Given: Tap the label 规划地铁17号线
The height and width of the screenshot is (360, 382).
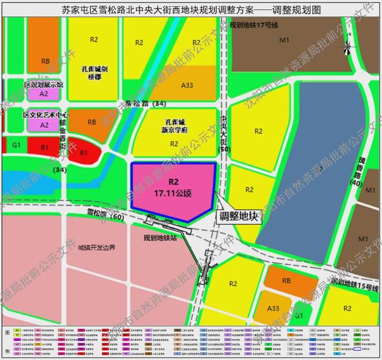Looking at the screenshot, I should click(x=254, y=25).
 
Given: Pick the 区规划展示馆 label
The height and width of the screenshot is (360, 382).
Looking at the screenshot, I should click(x=44, y=85).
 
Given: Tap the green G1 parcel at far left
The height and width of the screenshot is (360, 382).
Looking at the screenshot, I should click(x=16, y=144).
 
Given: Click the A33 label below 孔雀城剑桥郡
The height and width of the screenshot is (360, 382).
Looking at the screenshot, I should click(x=187, y=85).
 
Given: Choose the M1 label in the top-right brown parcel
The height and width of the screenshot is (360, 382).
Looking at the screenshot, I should click(x=284, y=41).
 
